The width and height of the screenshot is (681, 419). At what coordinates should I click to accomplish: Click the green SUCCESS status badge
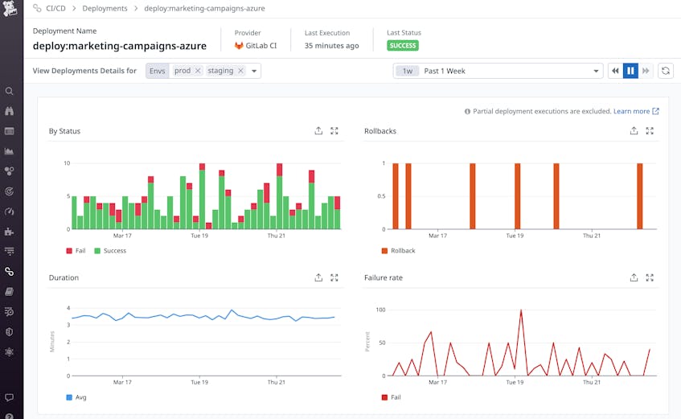pos(402,46)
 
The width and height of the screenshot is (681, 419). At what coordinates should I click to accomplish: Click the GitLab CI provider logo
pos(239,46)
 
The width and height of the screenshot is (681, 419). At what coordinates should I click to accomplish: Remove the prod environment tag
pos(198,71)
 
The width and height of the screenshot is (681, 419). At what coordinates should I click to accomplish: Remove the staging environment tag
pos(240,71)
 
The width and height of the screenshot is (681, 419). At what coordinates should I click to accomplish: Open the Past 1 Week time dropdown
pos(498,71)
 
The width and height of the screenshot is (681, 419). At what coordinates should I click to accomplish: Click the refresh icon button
pos(666,71)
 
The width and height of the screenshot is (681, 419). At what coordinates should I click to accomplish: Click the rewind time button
pos(615,71)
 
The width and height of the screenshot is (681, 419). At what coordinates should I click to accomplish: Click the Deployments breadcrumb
pos(105,8)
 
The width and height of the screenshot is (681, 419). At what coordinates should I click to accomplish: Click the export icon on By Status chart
pos(318,131)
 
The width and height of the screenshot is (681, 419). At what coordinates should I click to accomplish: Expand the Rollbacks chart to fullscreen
pos(650,131)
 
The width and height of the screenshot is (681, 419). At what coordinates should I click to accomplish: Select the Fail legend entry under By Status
pos(75,251)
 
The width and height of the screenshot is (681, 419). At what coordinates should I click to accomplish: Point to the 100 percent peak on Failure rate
pos(521,310)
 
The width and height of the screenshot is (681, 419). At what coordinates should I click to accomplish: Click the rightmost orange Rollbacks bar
pos(640,196)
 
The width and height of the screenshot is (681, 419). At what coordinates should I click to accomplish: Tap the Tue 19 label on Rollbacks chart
pos(515,236)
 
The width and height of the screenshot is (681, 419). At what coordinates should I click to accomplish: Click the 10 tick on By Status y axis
pos(67,163)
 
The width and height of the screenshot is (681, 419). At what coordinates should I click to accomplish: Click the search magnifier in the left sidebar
pos(10,91)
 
